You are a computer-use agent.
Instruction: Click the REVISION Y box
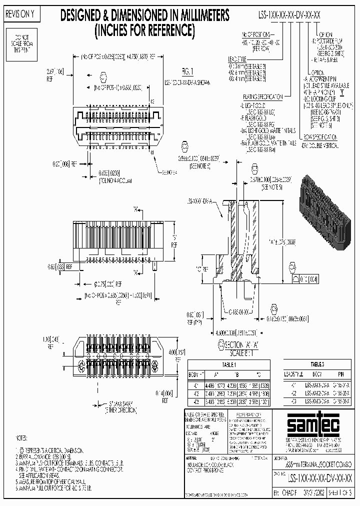pos(20,15)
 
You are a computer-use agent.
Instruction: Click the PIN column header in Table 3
pos(340,373)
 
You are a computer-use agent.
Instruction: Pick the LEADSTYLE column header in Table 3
pos(293,373)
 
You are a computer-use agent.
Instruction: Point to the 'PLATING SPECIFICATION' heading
pos(260,96)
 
